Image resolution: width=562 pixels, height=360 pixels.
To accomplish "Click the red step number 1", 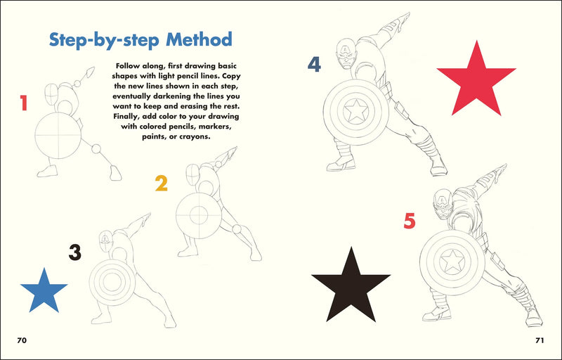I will tap(23, 104).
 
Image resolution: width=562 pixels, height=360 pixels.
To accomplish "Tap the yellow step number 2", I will tap(162, 184).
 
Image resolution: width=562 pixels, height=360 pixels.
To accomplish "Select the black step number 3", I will tap(74, 252).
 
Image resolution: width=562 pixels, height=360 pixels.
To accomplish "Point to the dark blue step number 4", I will tap(314, 65).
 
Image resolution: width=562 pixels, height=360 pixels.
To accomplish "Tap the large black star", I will tap(351, 279).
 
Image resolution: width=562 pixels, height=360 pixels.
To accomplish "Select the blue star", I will tap(44, 292).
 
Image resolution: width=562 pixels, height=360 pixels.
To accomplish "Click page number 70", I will tap(22, 340).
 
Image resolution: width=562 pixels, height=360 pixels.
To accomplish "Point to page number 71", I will tap(540, 340).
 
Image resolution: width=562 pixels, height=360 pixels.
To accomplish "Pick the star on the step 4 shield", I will tap(357, 110).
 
